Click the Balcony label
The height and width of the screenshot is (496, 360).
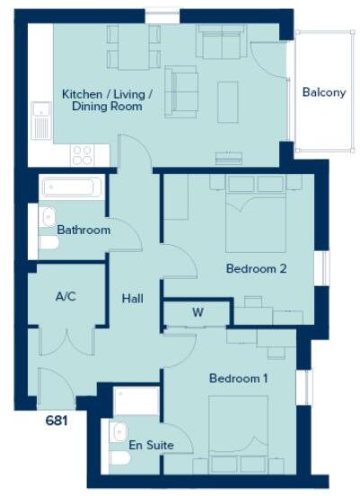pos(323,92)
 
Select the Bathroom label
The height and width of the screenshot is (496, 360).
pos(83,231)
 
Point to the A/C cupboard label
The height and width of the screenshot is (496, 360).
pos(65,297)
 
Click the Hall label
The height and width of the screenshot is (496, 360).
pos(133,299)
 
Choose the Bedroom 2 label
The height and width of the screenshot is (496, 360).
pos(256,268)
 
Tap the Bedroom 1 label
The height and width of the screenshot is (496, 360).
pos(238,379)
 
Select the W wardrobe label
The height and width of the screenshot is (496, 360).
pos(197,313)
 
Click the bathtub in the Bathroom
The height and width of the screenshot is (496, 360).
pos(73,188)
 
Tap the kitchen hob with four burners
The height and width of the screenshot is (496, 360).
pos(83,154)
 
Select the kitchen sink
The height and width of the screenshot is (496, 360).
pos(40,121)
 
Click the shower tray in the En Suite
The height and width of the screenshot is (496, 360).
pos(136,401)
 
